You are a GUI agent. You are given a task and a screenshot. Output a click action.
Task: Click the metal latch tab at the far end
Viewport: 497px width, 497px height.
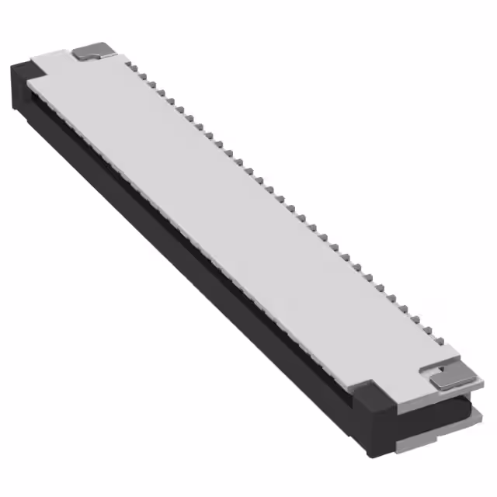point(96,53)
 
